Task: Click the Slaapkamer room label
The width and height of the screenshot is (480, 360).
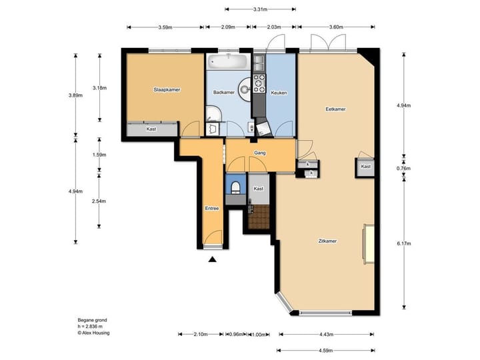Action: pyautogui.click(x=167, y=89)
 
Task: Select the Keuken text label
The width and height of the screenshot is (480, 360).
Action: pyautogui.click(x=279, y=93)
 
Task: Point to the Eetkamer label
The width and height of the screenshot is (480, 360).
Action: pyautogui.click(x=335, y=109)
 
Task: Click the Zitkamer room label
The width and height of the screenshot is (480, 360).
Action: pyautogui.click(x=327, y=241)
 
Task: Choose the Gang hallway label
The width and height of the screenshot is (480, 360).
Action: pyautogui.click(x=260, y=153)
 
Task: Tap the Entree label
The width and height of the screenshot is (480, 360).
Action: pyautogui.click(x=212, y=209)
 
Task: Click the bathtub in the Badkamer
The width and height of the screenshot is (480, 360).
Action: pyautogui.click(x=228, y=62)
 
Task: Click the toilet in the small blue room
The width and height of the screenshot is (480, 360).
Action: pyautogui.click(x=235, y=186)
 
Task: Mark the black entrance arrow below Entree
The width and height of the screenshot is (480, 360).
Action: pyautogui.click(x=213, y=260)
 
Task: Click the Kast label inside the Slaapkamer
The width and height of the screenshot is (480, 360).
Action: pyautogui.click(x=151, y=129)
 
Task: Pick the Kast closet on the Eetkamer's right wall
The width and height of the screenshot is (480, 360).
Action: pyautogui.click(x=365, y=167)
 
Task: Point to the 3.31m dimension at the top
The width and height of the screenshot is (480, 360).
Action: pyautogui.click(x=260, y=9)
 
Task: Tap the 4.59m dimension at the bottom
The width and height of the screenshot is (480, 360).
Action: pyautogui.click(x=326, y=350)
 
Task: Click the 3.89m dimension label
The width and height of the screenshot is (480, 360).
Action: pyautogui.click(x=75, y=95)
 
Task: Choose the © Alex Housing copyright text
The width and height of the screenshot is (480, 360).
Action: pyautogui.click(x=94, y=333)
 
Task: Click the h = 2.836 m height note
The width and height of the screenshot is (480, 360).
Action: pyautogui.click(x=91, y=327)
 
